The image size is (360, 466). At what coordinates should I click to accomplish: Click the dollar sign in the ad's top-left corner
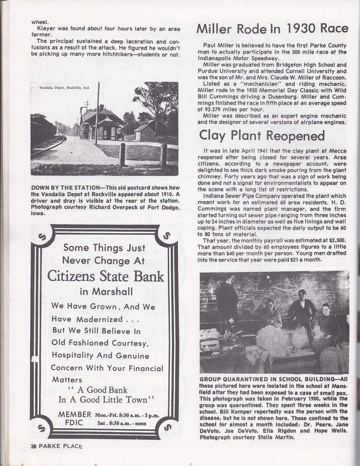[42, 236]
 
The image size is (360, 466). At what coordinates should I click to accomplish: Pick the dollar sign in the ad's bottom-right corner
[167, 427]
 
